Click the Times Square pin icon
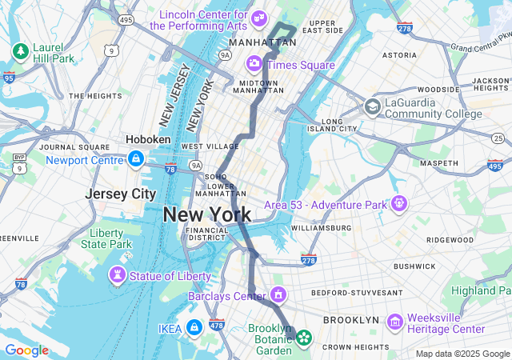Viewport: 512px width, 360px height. point(254,63)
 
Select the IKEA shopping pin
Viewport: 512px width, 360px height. point(194,327)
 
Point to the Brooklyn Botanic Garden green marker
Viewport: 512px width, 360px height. point(303,338)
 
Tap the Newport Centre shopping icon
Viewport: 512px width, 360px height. point(136,159)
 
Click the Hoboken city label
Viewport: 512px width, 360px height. point(148,139)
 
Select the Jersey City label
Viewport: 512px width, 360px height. point(121,194)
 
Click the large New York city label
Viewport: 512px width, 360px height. point(206,214)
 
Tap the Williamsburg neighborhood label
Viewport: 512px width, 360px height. point(321,228)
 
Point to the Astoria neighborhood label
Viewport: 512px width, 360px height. point(399,56)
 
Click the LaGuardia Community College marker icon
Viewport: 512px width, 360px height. point(372,107)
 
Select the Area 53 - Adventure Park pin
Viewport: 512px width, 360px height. point(398,204)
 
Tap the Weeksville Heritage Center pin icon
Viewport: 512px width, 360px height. point(394,322)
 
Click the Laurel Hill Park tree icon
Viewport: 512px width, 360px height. point(20,52)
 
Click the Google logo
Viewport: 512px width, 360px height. point(26,350)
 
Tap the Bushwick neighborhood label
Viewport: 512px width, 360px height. point(414,266)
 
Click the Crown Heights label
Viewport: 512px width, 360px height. point(355,347)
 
